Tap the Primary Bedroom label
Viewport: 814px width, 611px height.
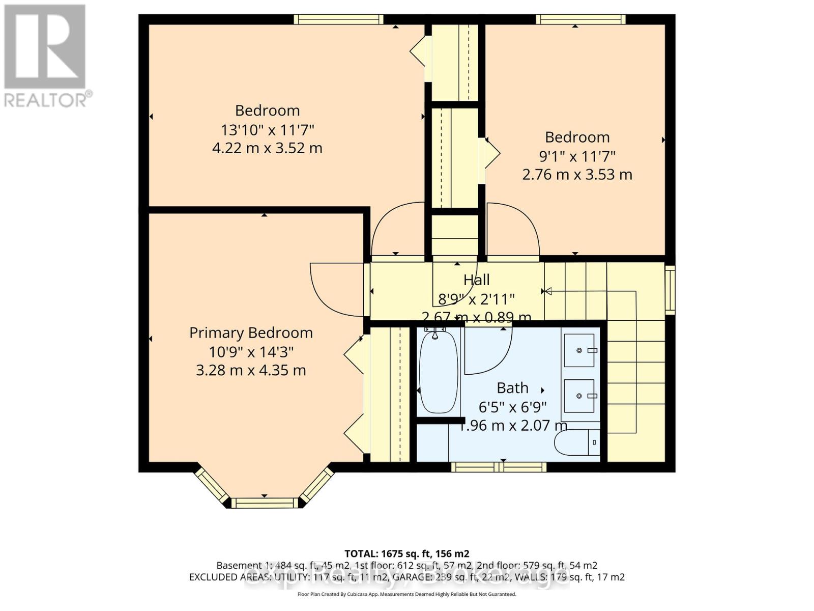[251, 333]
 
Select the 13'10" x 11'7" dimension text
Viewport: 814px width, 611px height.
[267, 129]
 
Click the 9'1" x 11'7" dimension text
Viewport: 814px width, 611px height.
[577, 156]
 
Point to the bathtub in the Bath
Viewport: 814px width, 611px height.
[439, 373]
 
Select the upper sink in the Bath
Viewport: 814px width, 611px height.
[579, 350]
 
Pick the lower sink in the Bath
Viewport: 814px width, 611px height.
[579, 396]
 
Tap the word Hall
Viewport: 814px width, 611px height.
[476, 280]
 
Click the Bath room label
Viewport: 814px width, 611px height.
[512, 388]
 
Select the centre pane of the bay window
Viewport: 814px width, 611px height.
[265, 503]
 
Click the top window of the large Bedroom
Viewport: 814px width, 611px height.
[338, 19]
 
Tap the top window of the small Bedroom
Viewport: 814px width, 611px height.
[580, 19]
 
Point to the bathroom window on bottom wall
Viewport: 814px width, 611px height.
[499, 467]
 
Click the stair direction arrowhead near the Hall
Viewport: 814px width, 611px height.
[546, 291]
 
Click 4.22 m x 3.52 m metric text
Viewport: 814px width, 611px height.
[267, 148]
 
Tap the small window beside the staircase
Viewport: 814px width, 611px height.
[671, 289]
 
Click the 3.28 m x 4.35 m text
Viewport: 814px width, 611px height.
[251, 370]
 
